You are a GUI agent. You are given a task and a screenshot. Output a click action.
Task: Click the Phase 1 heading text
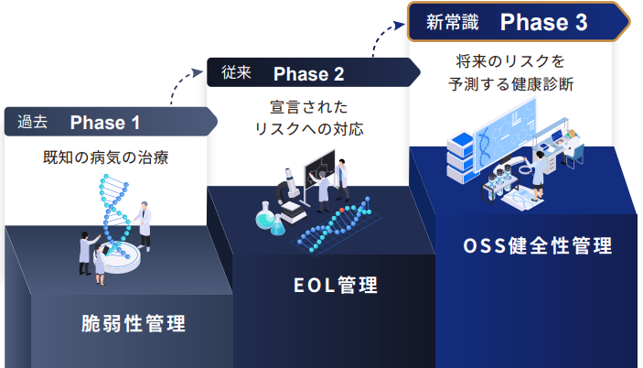[x=105, y=123]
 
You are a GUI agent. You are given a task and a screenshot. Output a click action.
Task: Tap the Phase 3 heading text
[x=543, y=22]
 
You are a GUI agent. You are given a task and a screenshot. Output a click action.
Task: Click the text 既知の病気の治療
[x=106, y=157]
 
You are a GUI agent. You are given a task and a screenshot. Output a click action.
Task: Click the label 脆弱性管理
[x=134, y=323]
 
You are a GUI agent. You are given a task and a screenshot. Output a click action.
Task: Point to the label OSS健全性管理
[x=537, y=245]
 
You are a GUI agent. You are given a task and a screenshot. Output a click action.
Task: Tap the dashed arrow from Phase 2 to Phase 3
[x=386, y=35]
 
